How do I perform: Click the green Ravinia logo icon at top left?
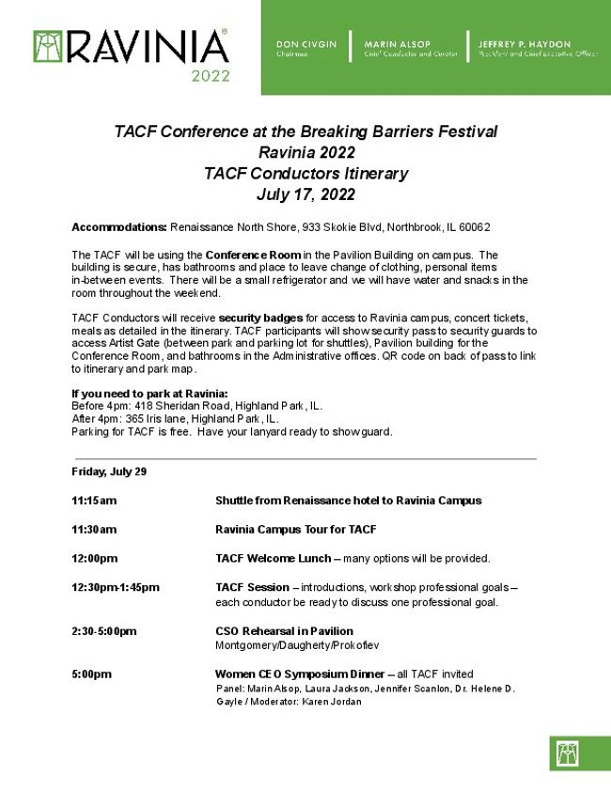point(48,46)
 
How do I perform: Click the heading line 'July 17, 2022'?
point(305,194)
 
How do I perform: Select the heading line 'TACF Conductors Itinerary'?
point(305,174)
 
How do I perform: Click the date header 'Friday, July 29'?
point(109,472)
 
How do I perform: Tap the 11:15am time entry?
point(94,501)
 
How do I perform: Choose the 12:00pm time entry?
point(95,558)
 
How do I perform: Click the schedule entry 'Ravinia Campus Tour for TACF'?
point(295,530)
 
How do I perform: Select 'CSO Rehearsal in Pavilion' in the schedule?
point(284,631)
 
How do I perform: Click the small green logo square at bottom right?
point(567,753)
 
